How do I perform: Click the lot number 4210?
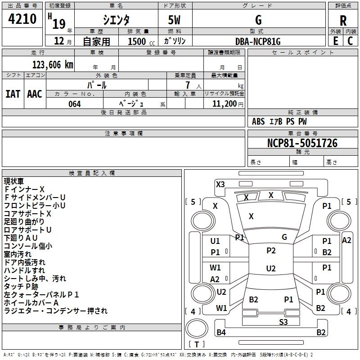click(x=22, y=19)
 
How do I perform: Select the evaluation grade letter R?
click(x=343, y=21)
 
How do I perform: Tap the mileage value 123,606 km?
click(x=53, y=64)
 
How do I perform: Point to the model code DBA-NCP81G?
click(x=257, y=41)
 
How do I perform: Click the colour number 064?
click(x=74, y=104)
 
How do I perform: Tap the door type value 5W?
click(x=175, y=20)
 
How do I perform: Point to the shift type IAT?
click(x=13, y=94)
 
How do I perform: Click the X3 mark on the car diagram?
click(x=220, y=184)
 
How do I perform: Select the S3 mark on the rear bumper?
click(x=283, y=321)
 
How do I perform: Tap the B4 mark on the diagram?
click(x=221, y=333)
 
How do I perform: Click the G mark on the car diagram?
click(x=284, y=237)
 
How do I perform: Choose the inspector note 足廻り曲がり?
click(x=24, y=222)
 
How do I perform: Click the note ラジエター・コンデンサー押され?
click(x=56, y=311)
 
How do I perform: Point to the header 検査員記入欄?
click(x=92, y=173)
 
